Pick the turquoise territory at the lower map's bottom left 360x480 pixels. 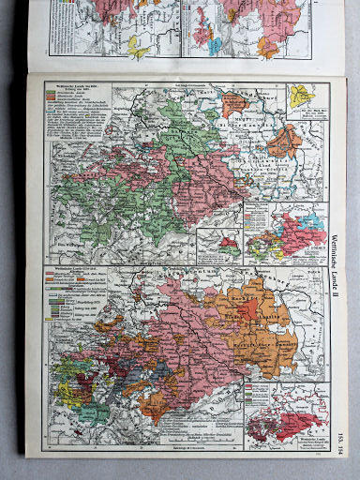(x=93, y=411)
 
